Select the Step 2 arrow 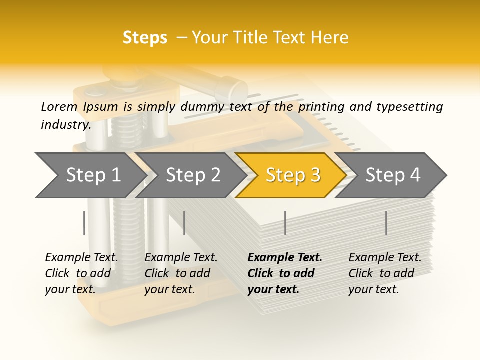coord(192,175)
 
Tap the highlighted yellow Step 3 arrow coord(292,175)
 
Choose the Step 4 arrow coord(393,175)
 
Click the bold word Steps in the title coord(145,38)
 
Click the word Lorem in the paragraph coord(59,106)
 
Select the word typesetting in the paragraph coord(409,106)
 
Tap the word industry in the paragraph coord(66,125)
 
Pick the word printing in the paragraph coord(322,106)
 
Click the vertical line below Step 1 coord(84,223)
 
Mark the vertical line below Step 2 coord(184,223)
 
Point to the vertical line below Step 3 coord(285,223)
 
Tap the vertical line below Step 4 coord(386,223)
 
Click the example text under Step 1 coord(81,273)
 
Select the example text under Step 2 coord(181,273)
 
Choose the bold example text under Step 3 coord(284,273)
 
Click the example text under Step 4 coord(385,273)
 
